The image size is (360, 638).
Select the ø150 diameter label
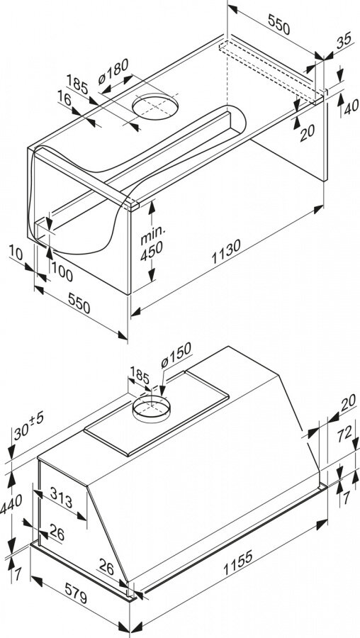(176, 355)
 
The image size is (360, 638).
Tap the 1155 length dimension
(237, 563)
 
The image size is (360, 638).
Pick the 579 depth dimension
(75, 592)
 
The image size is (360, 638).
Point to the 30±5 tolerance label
(28, 425)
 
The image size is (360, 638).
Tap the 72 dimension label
(344, 434)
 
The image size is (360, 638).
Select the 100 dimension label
(62, 274)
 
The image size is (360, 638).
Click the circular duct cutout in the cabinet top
(155, 106)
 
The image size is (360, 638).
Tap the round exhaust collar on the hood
(152, 409)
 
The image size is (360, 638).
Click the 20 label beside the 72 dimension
(348, 403)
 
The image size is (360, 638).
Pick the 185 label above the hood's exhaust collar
(140, 375)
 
